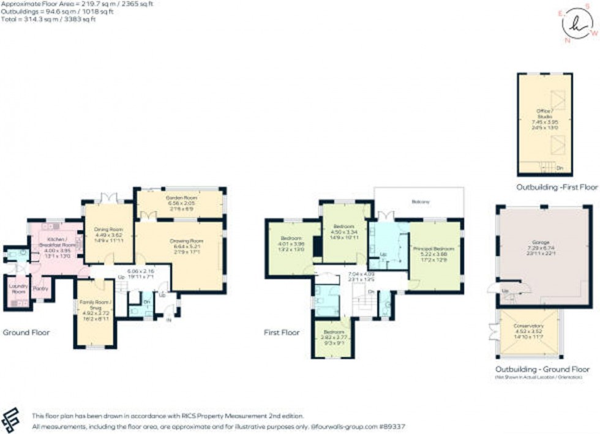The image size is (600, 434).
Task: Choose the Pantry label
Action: click(41, 288)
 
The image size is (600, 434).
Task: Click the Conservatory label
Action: click(527, 326)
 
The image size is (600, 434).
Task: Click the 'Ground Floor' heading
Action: click(26, 333)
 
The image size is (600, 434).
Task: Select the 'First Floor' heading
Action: click(282, 333)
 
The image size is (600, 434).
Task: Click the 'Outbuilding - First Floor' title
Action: click(555, 187)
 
